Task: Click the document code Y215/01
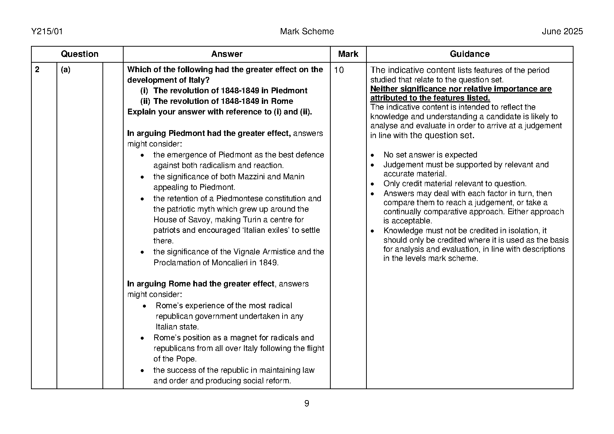tap(47, 32)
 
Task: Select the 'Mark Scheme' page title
tap(307, 32)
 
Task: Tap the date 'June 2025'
tap(562, 32)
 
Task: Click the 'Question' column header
tap(79, 54)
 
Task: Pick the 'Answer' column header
tap(226, 54)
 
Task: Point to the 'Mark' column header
tap(348, 54)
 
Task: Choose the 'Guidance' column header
tap(469, 54)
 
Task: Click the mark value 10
tap(339, 70)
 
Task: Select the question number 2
tap(37, 70)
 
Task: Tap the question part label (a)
tap(66, 70)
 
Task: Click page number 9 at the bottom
tap(307, 403)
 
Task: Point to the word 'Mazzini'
tap(252, 177)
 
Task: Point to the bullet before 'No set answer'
tap(372, 155)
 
